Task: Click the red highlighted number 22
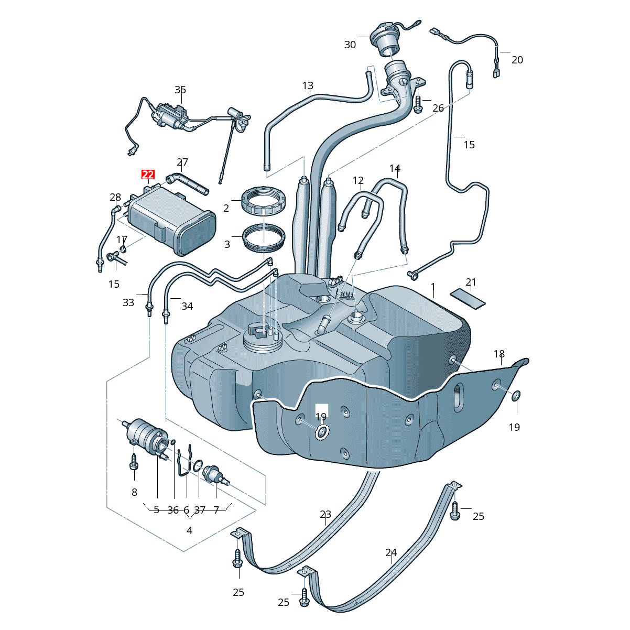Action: point(148,175)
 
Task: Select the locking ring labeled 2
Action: point(264,201)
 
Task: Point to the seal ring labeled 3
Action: point(264,240)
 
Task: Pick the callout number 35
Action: point(180,90)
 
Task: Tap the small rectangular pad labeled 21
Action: point(468,299)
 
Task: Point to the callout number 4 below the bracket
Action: point(189,530)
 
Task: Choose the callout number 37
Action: point(200,509)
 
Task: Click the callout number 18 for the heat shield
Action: point(499,354)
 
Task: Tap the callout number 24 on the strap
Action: point(391,552)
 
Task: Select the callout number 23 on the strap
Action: point(325,514)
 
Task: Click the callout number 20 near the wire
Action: point(517,60)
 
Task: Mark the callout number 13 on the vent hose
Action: point(308,85)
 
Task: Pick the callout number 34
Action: point(187,306)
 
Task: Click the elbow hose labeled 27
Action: point(187,184)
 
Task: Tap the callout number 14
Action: point(395,168)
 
